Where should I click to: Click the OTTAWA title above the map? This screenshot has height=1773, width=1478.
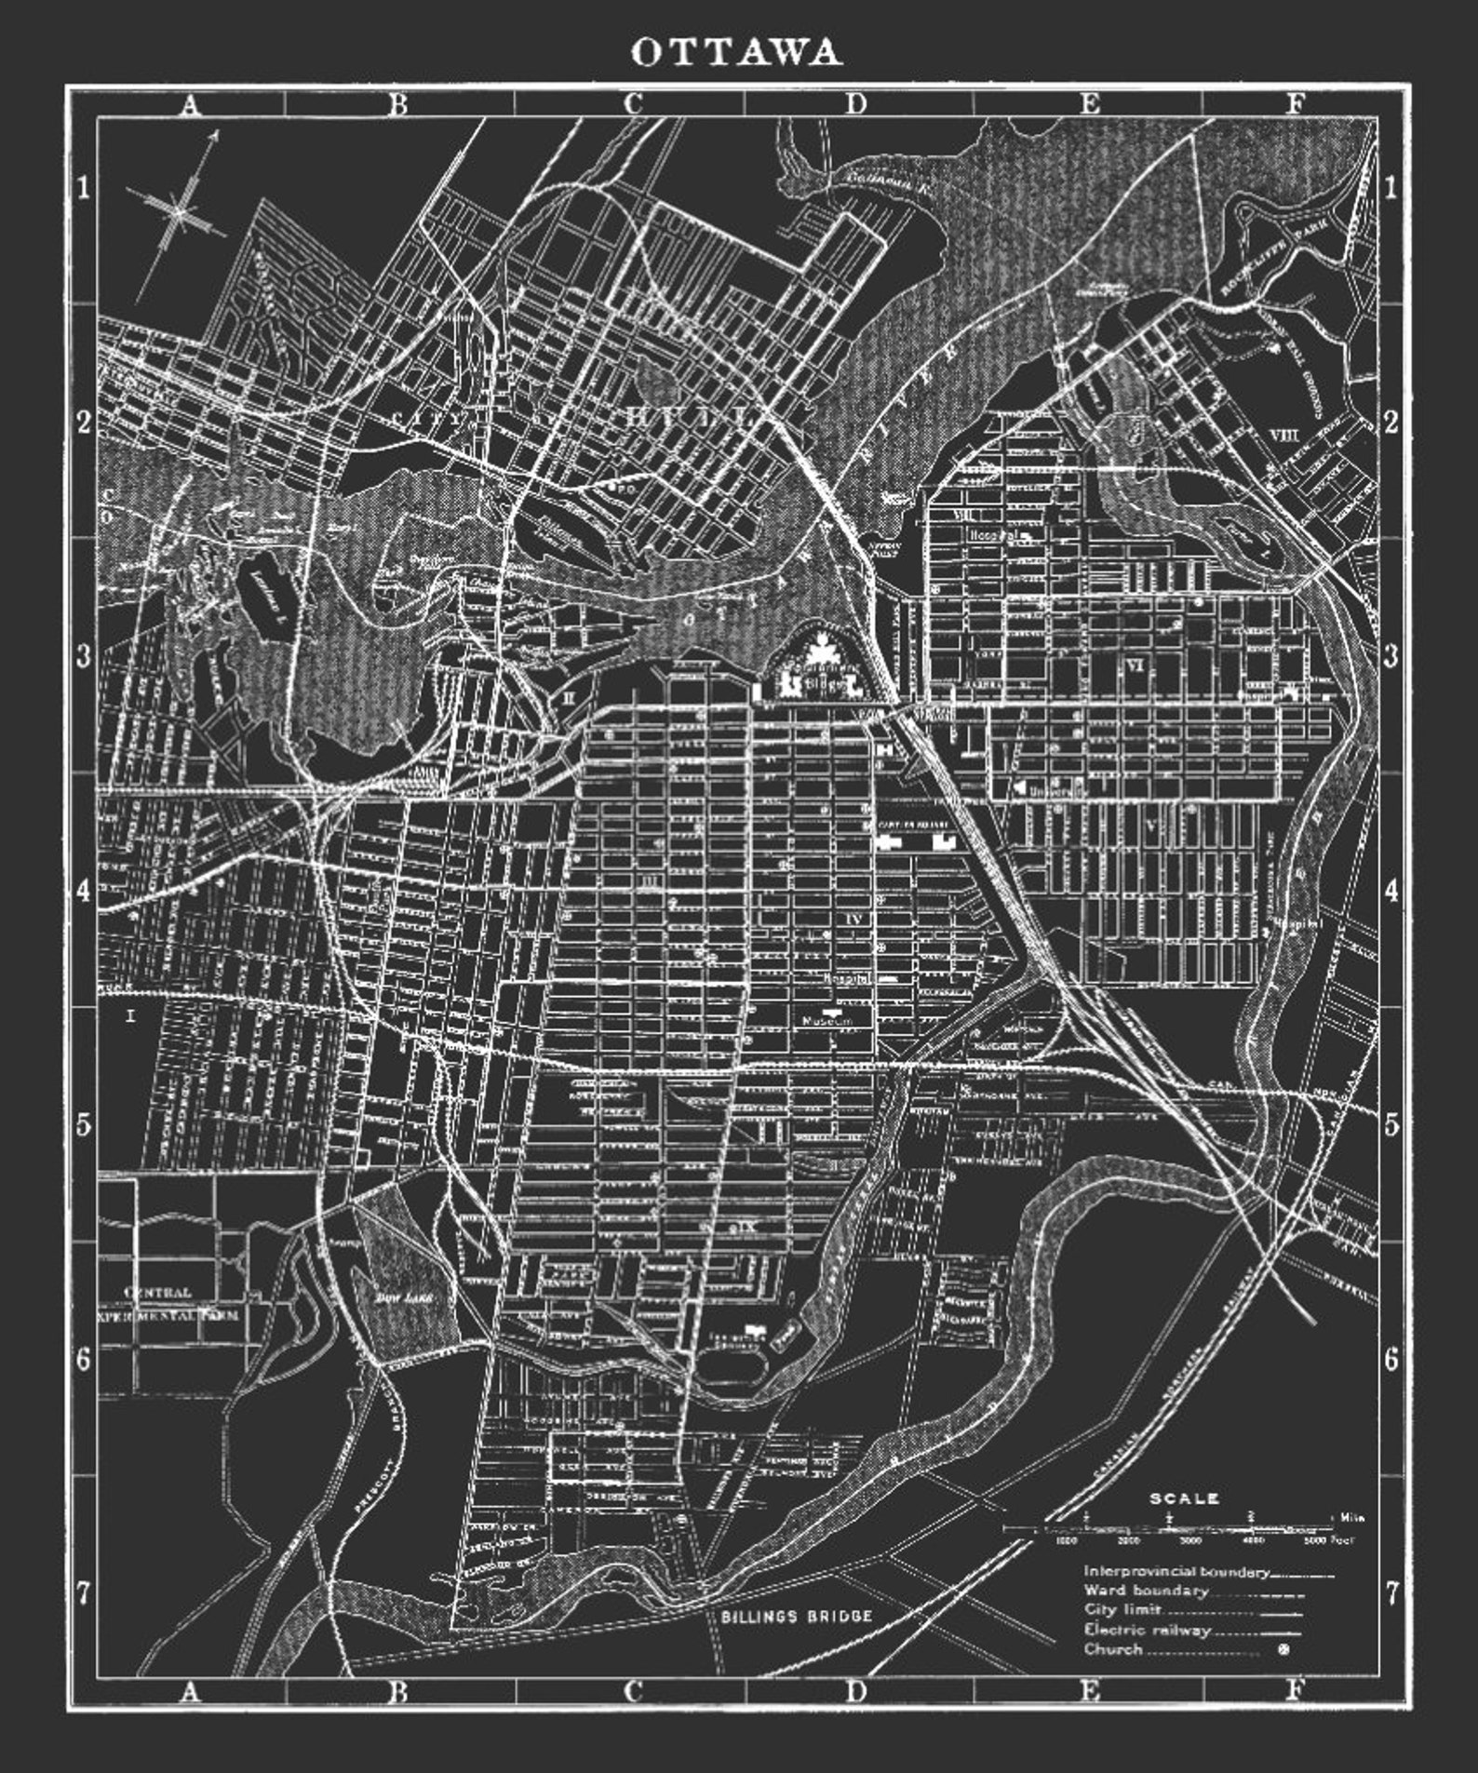737,52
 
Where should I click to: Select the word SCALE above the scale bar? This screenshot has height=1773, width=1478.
1184,1499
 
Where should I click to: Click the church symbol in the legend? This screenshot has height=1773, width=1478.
1284,1650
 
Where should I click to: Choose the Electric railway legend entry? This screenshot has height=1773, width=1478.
1148,1630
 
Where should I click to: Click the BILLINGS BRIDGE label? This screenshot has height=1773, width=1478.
797,1617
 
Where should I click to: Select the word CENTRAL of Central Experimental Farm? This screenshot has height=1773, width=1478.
158,1292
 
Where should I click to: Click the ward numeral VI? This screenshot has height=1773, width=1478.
1134,665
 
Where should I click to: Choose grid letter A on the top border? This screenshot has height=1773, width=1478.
190,104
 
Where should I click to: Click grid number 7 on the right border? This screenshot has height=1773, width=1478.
1391,1593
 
